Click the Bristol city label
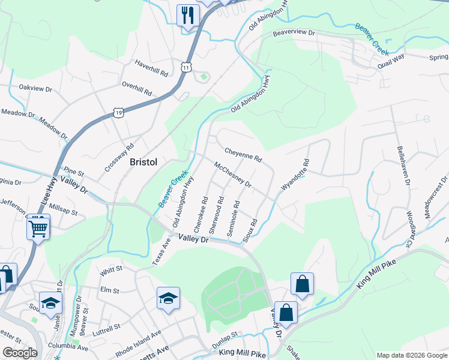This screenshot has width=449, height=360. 143,162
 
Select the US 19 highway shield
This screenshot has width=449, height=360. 118,112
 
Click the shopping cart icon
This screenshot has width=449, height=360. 38,227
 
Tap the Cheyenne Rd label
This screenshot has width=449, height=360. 243,155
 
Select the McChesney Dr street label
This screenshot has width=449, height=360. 232,174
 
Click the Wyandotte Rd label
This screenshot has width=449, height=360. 295,175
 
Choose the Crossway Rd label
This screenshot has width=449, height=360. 119,158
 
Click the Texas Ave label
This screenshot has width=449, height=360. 157,252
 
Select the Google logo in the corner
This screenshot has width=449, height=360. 20,352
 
